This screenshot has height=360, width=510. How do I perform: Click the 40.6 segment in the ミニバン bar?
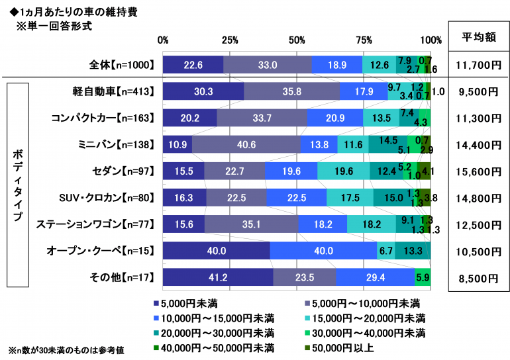[246, 144]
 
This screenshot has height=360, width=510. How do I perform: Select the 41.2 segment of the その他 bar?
[218, 277]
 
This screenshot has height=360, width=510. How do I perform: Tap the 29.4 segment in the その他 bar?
[375, 277]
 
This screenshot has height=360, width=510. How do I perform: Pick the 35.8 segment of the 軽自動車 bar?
[291, 91]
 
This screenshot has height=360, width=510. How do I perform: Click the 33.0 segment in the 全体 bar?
[268, 65]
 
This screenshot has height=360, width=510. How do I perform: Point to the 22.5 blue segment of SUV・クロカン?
[297, 198]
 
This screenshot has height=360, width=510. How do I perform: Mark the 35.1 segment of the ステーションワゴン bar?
[251, 224]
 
